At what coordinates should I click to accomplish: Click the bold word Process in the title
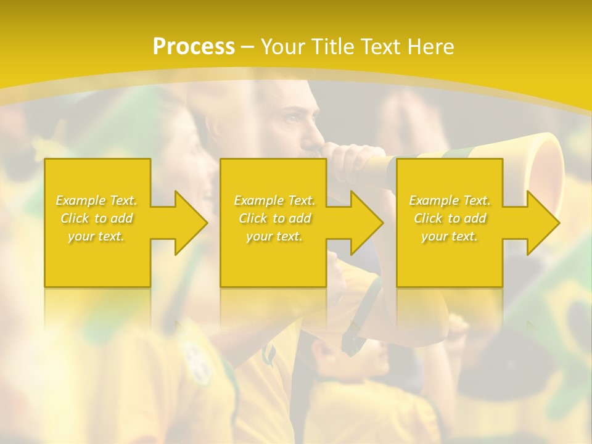(194, 47)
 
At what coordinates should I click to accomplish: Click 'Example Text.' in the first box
(97, 200)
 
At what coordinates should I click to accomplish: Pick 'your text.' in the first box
(97, 236)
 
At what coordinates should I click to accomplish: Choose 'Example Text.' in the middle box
(274, 200)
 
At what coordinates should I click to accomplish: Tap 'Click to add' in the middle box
(274, 218)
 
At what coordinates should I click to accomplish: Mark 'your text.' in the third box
(450, 236)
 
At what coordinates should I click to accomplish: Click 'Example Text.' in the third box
(450, 200)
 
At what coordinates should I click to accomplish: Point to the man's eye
(290, 118)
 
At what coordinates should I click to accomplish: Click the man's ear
(215, 126)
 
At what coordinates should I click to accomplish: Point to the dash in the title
(248, 47)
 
